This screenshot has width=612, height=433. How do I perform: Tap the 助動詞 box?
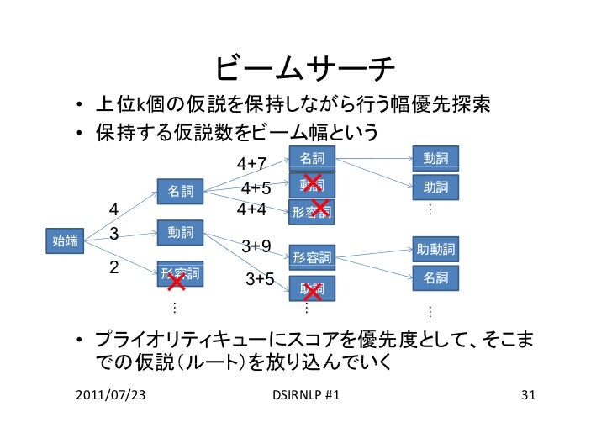435,249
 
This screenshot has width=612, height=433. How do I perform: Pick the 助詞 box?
435,187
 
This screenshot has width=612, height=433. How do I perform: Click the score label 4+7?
252,162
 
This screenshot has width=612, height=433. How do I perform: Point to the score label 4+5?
256,187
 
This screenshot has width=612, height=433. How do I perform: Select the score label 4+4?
252,208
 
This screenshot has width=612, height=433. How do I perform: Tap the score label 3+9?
256,246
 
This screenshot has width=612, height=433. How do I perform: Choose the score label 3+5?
260,278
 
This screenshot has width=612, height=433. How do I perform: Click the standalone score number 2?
115,267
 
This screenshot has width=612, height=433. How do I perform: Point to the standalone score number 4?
114,209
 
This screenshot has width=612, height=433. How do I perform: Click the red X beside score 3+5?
313,292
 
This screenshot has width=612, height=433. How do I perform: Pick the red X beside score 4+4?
319,206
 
